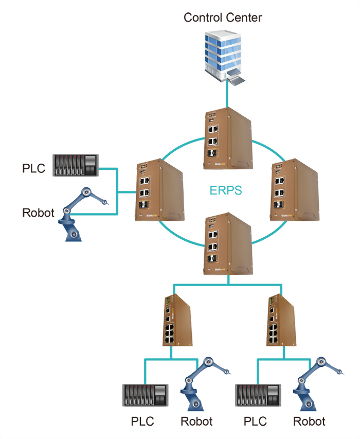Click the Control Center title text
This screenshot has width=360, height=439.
pos(223,17)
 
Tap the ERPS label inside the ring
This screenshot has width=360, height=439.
pos(226,190)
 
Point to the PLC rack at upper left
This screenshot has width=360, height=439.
pos(76,166)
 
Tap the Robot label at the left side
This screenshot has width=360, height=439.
pos(38,212)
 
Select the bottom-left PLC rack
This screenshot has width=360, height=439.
pos(146,396)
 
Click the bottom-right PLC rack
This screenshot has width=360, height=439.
pos(258,396)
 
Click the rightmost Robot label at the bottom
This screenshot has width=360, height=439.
pos(309,422)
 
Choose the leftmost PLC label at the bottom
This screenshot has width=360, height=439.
pos(142,422)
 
